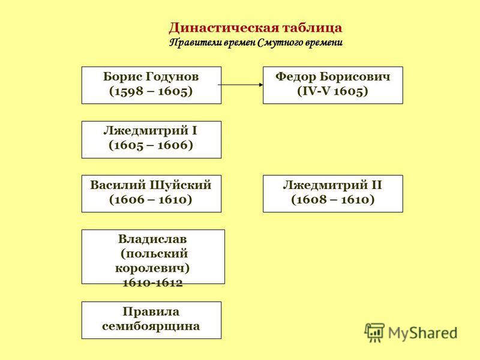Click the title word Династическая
click(224, 28)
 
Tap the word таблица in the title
click(312, 28)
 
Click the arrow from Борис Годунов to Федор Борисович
click(241, 85)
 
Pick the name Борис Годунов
click(151, 77)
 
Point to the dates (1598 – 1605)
click(151, 91)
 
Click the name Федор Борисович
click(333, 77)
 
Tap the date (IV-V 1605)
click(333, 91)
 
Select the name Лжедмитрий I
click(151, 131)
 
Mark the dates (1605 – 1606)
click(151, 145)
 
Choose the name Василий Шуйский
click(151, 185)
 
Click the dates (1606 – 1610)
click(151, 200)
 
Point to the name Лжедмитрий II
click(332, 185)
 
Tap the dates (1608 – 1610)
click(333, 200)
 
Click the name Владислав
click(152, 239)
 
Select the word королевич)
click(152, 268)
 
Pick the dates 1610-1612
click(152, 283)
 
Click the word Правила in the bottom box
click(151, 312)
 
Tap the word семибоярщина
click(151, 326)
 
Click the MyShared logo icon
click(374, 332)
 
